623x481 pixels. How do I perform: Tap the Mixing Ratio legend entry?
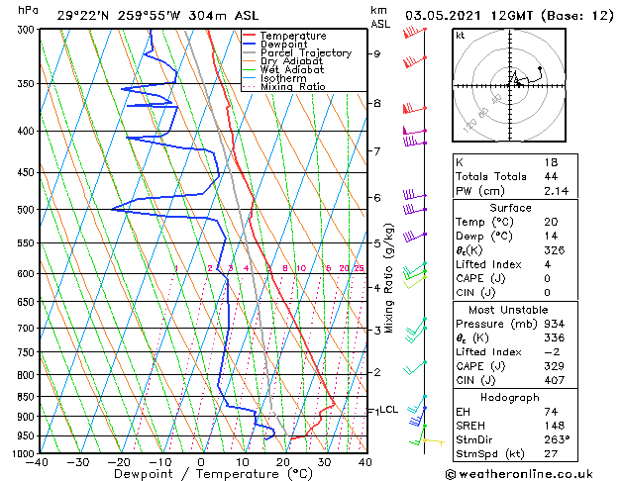[x=292, y=87]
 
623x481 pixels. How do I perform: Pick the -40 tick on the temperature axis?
[x=39, y=461]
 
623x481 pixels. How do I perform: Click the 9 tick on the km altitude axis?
[x=376, y=54]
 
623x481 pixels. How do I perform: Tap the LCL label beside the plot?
[x=388, y=410]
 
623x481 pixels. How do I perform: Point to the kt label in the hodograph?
[x=461, y=36]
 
